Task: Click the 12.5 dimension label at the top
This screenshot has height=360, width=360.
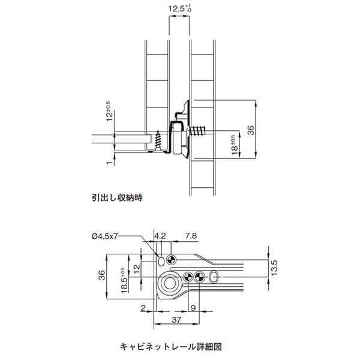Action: click(180, 9)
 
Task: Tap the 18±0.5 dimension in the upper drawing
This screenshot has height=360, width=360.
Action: click(234, 145)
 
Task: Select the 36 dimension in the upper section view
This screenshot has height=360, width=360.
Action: click(251, 130)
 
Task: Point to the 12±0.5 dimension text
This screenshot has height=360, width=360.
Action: click(110, 111)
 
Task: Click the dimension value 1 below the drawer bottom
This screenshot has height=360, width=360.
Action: click(110, 163)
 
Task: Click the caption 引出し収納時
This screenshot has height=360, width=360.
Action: click(117, 197)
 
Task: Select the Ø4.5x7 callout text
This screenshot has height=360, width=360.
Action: click(104, 236)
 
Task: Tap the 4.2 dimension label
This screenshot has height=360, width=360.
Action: click(160, 236)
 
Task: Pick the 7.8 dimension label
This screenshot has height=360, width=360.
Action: click(191, 236)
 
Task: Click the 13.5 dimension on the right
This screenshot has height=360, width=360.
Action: click(274, 268)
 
